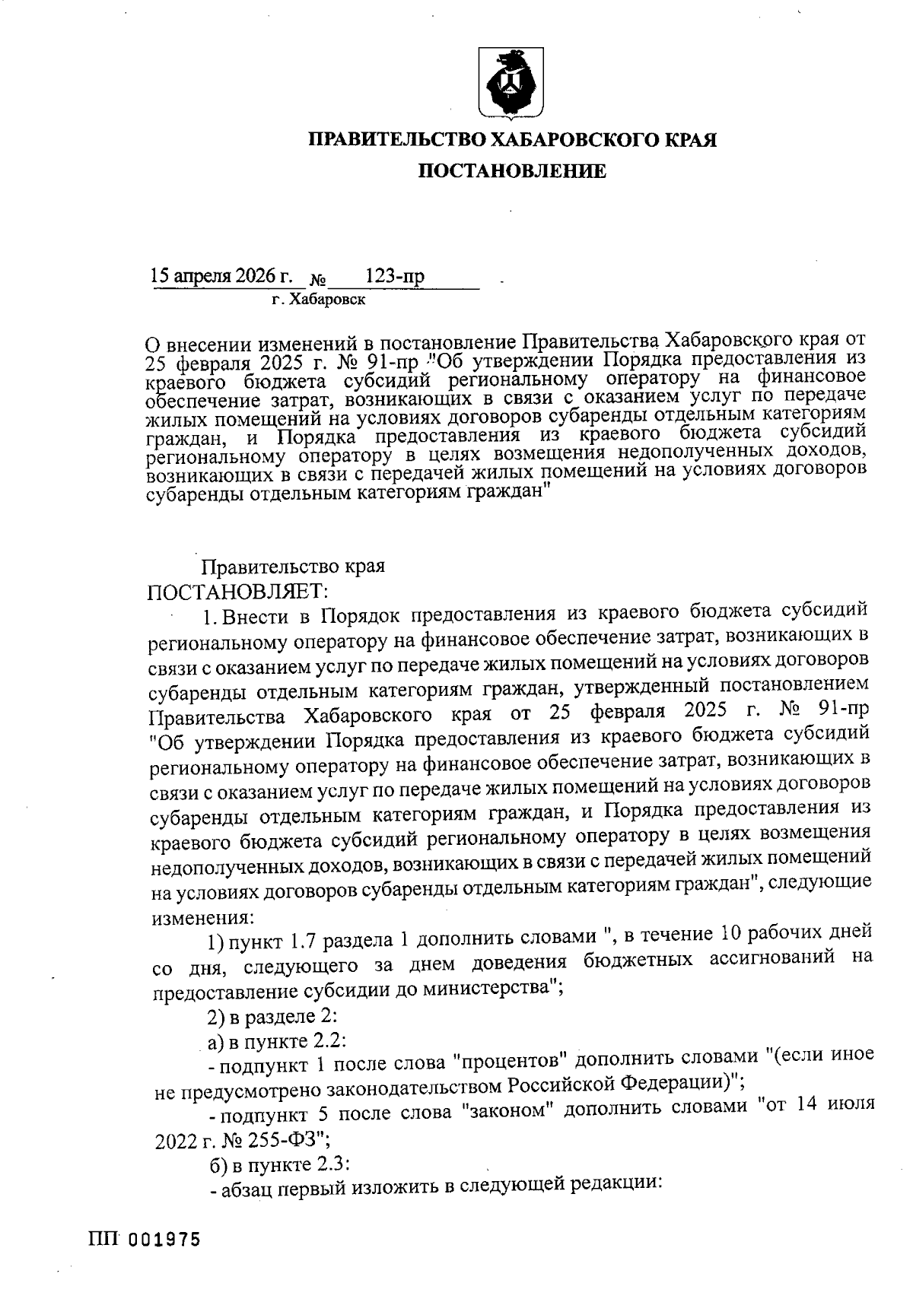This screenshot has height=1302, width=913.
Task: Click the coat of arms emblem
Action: click(509, 84)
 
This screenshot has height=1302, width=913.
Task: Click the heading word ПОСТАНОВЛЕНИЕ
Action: click(514, 172)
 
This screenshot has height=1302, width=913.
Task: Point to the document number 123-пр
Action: click(395, 277)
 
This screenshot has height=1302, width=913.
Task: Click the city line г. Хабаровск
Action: click(319, 300)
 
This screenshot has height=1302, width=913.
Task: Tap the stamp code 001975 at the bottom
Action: click(164, 1240)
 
